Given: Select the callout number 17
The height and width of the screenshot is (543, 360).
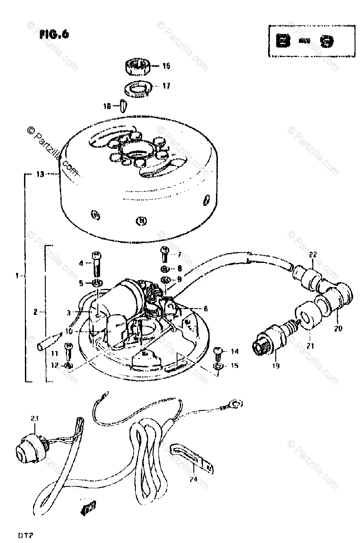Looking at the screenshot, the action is coord(167,86).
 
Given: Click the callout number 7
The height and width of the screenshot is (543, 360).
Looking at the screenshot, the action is coord(179,254).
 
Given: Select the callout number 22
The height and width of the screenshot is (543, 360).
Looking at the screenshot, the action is coord(313,254).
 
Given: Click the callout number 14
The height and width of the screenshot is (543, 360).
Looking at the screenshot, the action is coord(234,351).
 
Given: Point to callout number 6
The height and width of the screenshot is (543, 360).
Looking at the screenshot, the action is coord(206,309).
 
